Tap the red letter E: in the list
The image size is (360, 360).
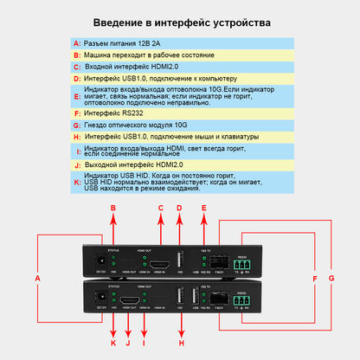pos(77,95)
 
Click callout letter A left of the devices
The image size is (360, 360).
pos(37,278)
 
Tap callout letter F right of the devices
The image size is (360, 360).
pos(314,278)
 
